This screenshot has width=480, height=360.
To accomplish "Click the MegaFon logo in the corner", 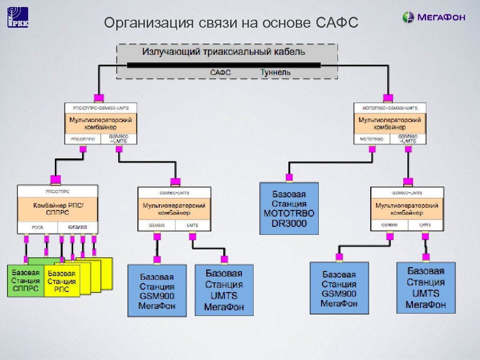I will click(x=434, y=18).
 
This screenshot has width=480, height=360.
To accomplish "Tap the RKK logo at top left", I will click(x=18, y=18).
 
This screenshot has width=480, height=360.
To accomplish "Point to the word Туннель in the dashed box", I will click(x=275, y=72).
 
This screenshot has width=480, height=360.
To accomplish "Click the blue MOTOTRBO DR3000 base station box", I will click(x=289, y=209).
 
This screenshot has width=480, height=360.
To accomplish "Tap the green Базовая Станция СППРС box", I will click(x=25, y=280).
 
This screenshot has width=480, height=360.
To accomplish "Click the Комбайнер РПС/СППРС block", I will click(x=58, y=209).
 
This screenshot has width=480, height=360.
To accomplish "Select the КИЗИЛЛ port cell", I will click(x=78, y=227).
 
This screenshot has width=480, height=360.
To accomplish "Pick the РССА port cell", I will click(x=37, y=227).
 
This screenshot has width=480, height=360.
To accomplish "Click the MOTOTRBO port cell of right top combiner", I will click(x=372, y=139).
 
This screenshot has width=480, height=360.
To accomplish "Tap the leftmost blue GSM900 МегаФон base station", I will click(x=157, y=291).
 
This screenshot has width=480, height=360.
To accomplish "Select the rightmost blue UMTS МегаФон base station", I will click(x=426, y=288).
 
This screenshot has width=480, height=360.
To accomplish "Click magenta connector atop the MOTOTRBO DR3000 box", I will click(x=289, y=177).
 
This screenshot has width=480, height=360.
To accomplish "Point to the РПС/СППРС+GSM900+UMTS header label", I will click(x=101, y=108).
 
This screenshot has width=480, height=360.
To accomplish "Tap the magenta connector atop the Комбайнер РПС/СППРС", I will click(x=55, y=179).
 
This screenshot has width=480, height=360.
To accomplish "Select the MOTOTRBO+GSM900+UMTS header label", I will click(x=390, y=108).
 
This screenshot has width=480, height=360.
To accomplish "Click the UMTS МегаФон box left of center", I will click(x=224, y=290).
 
